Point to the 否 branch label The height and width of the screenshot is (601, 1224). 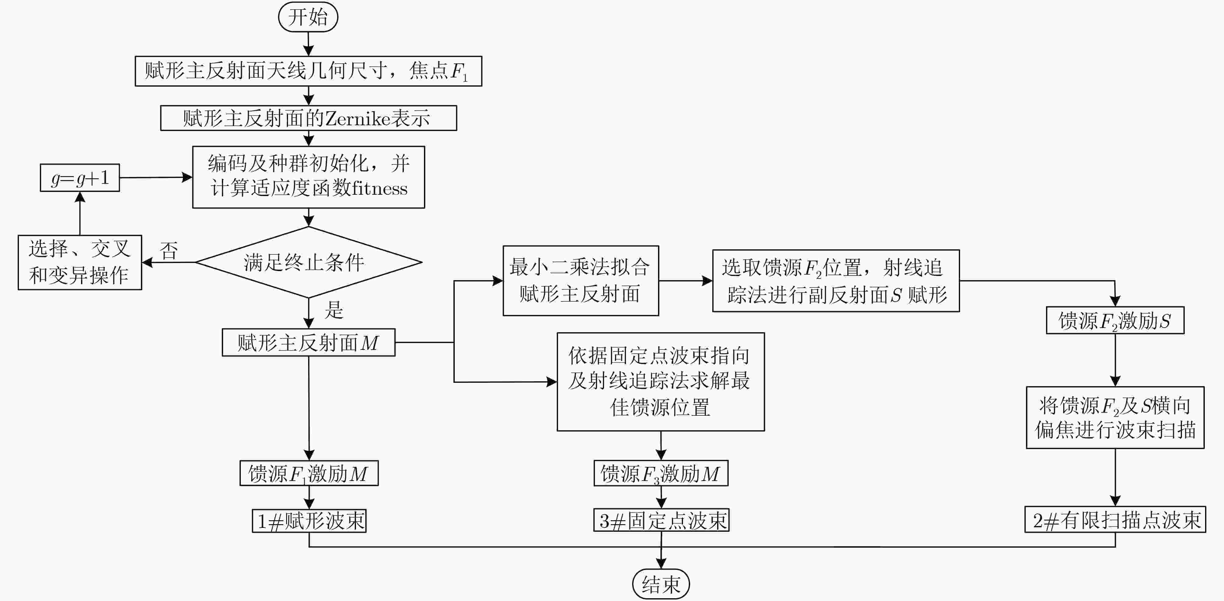(x=169, y=251)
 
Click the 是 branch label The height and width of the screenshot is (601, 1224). (x=334, y=310)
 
